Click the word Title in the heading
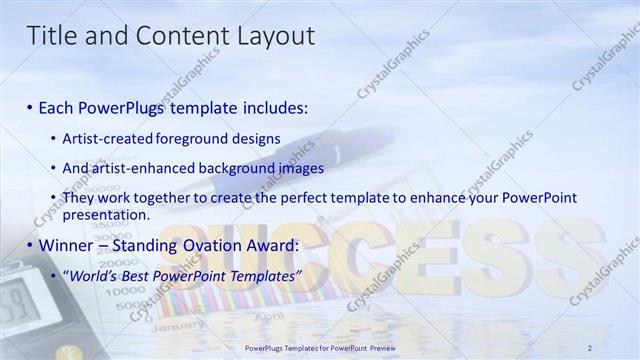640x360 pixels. pyautogui.click(x=51, y=37)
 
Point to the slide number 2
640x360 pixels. pyautogui.click(x=589, y=347)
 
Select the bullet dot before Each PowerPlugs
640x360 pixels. pyautogui.click(x=31, y=107)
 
